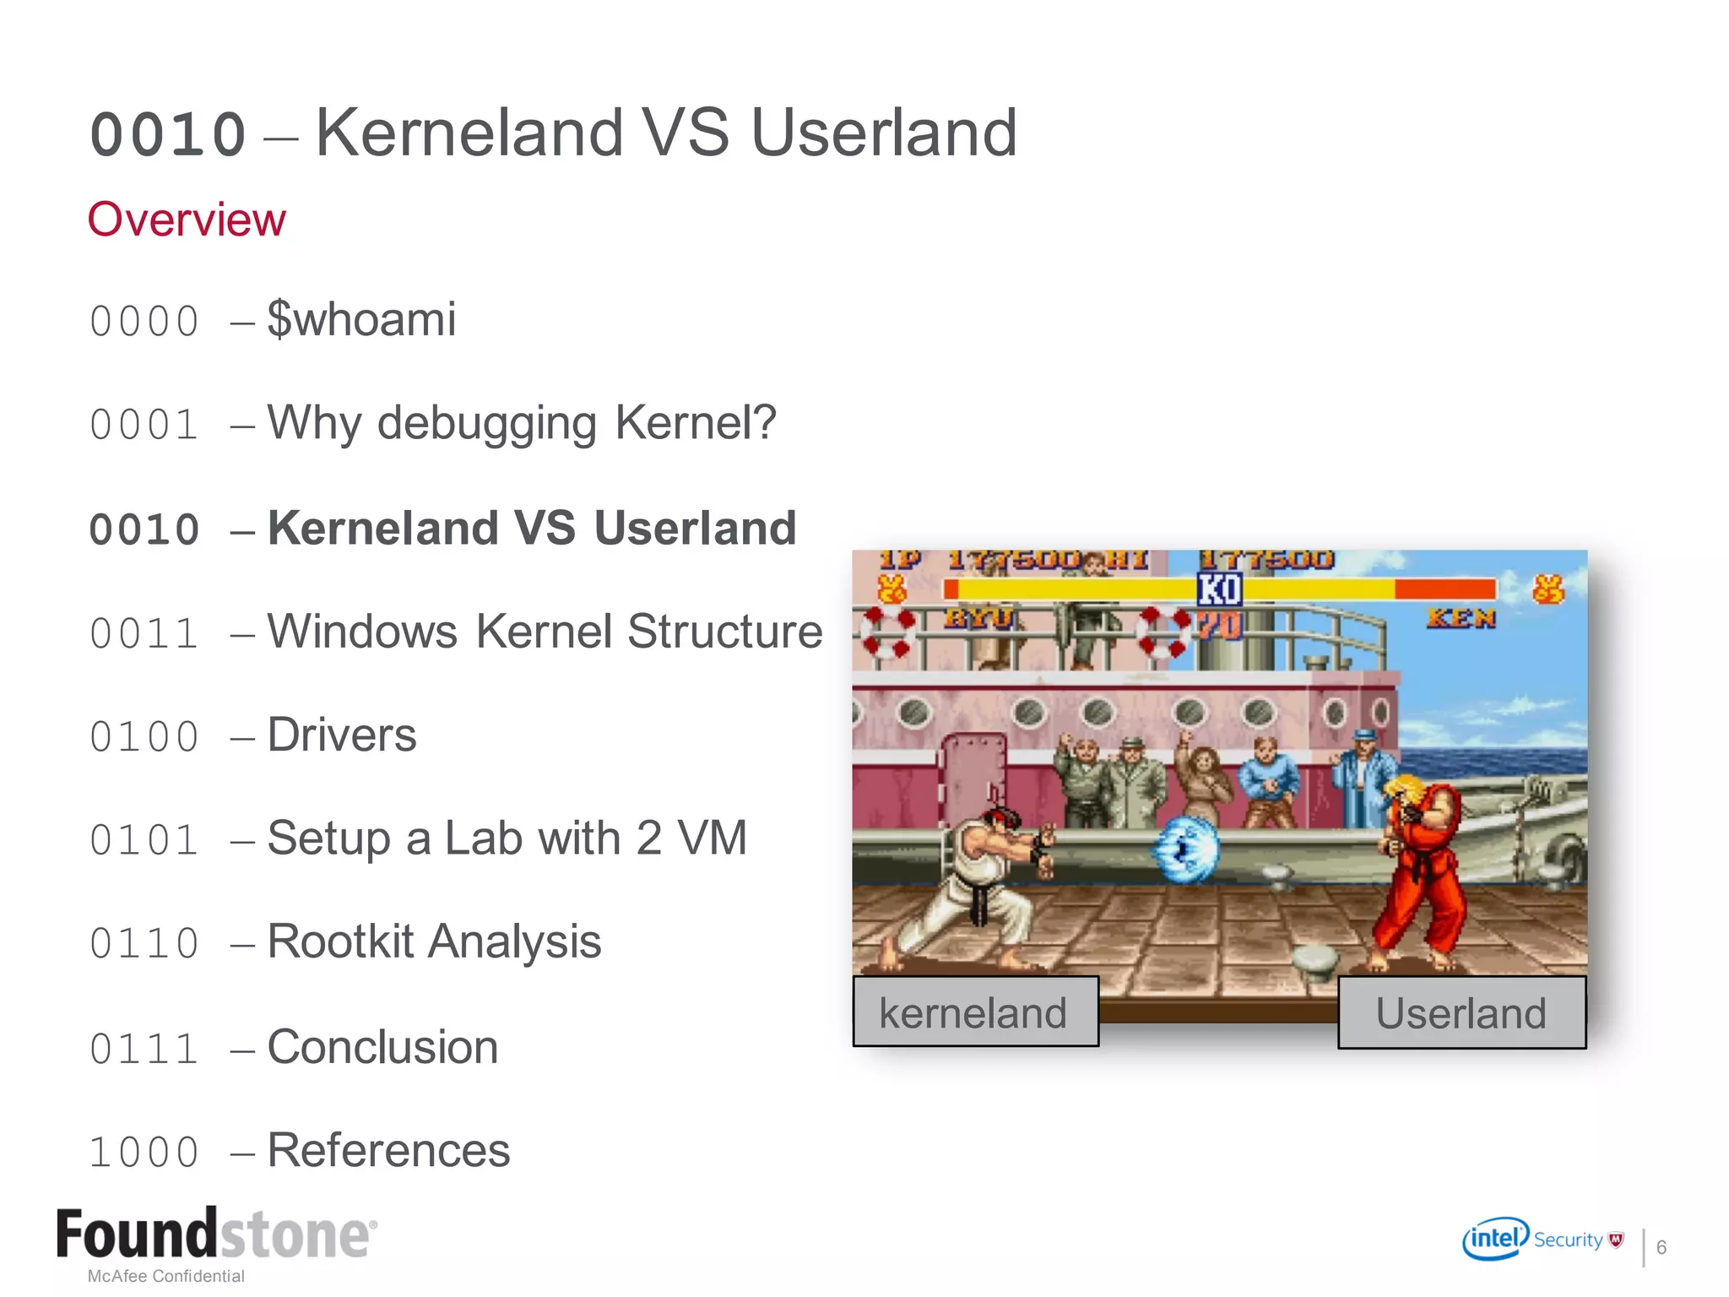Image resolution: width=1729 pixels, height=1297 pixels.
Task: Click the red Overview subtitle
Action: [x=187, y=220]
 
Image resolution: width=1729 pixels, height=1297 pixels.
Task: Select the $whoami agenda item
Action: [x=361, y=319]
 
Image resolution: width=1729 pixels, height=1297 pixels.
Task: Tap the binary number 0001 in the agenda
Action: [x=144, y=425]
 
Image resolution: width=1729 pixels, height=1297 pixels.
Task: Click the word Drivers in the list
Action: [x=342, y=735]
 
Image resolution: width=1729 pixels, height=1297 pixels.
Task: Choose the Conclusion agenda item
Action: [x=382, y=1047]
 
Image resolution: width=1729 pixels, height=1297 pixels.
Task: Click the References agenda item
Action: [x=388, y=1150]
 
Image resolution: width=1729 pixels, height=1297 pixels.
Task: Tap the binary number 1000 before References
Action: [x=144, y=1153]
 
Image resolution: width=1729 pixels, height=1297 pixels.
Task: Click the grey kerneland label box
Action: [x=975, y=1012]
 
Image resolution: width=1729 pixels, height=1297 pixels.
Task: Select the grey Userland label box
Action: [x=1461, y=1012]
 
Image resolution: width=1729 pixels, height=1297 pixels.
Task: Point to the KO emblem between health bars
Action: [x=1220, y=589]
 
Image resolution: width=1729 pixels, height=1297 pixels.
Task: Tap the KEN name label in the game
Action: [x=1461, y=619]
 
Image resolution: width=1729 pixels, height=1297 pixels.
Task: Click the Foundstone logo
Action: [x=216, y=1235]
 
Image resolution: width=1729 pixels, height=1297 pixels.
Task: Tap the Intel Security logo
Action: [x=1542, y=1240]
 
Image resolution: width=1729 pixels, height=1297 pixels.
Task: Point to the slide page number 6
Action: [x=1661, y=1247]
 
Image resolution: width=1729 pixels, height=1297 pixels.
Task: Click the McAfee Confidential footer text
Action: [x=166, y=1276]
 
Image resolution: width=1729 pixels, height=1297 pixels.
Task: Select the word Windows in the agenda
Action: [x=362, y=632]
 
